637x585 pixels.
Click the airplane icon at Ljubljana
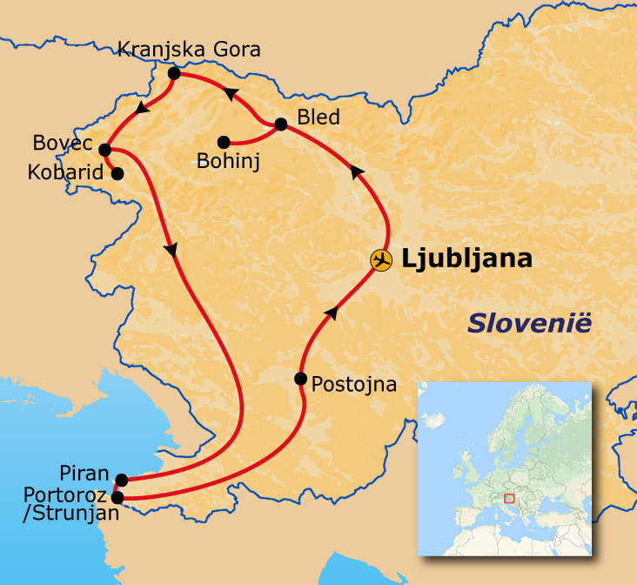tap(380, 259)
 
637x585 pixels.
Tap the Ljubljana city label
tap(466, 259)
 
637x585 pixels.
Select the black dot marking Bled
tap(280, 124)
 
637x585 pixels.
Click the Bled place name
tap(318, 117)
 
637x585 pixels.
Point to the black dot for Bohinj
tap(224, 142)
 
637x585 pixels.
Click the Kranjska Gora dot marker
tap(173, 74)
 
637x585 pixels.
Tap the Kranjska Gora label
tap(189, 50)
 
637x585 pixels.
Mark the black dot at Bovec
tap(104, 150)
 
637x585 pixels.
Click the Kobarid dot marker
tap(117, 172)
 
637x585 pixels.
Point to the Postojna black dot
tap(300, 379)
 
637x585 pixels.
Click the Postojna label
tap(353, 383)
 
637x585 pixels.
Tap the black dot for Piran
tap(122, 480)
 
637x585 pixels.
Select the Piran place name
tap(84, 474)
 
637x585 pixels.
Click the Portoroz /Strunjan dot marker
tap(118, 499)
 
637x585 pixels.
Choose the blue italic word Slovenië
tap(529, 323)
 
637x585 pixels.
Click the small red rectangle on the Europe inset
tap(509, 498)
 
